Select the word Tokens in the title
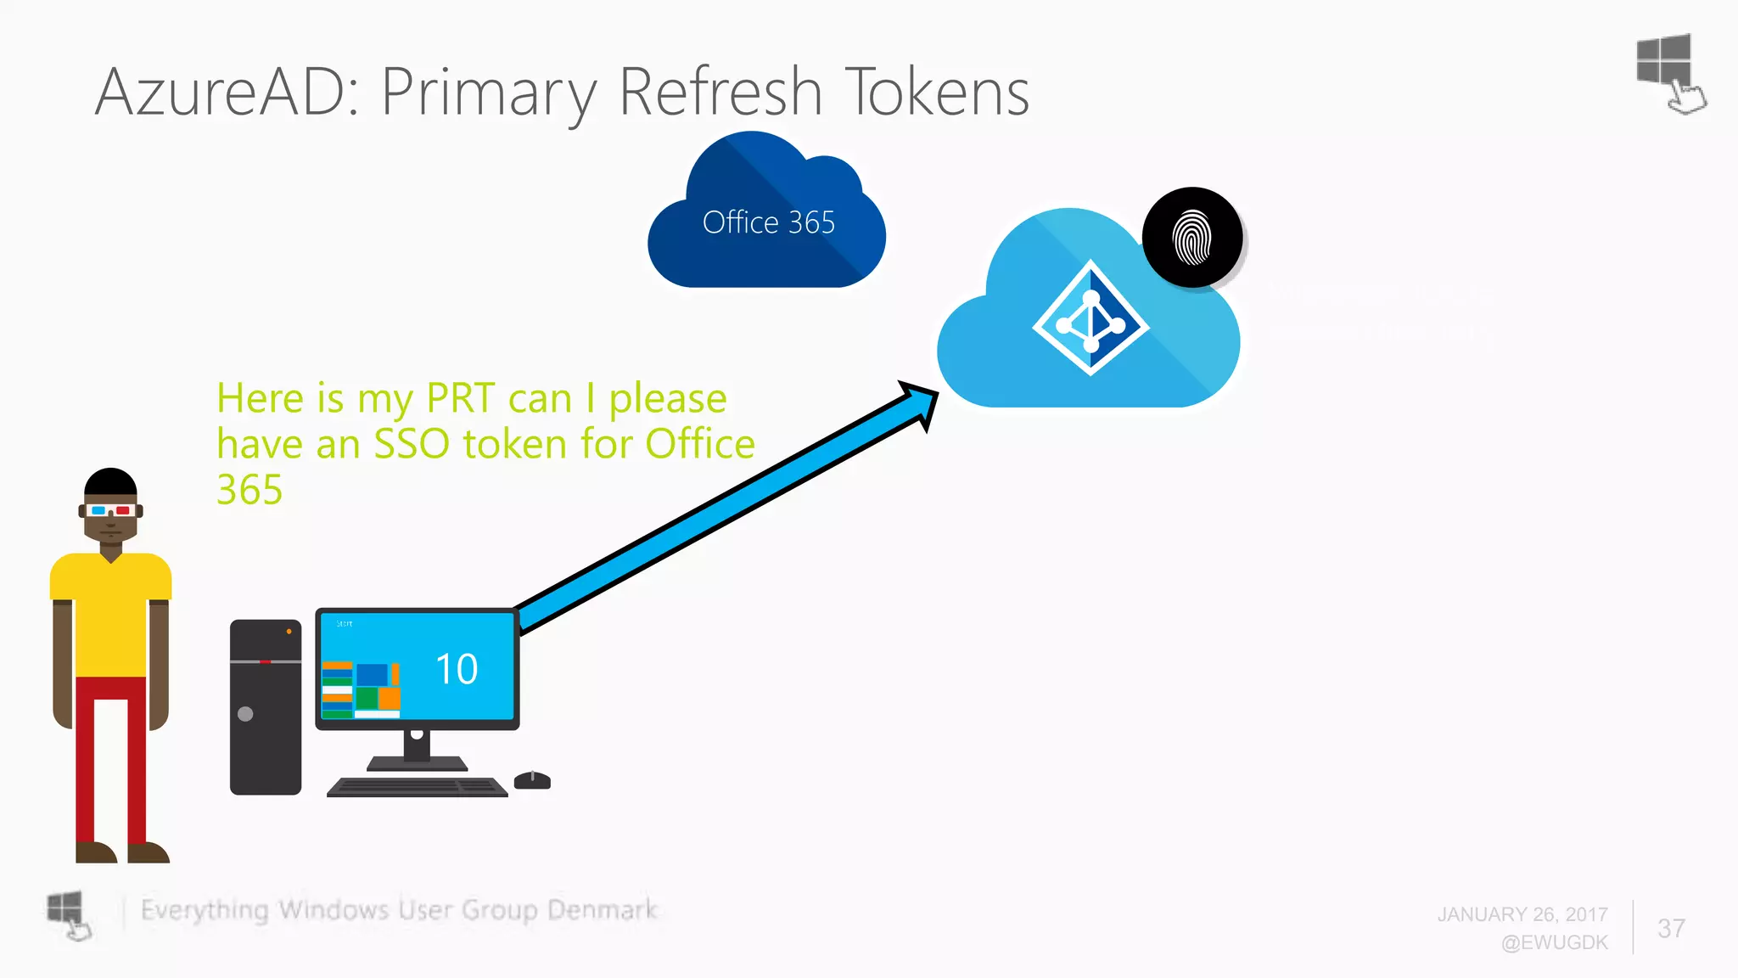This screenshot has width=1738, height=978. click(937, 92)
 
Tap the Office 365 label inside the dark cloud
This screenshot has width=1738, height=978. click(768, 222)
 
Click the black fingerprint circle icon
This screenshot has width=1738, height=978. click(1192, 238)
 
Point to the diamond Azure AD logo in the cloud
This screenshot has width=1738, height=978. click(1090, 318)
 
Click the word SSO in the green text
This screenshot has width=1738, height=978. click(411, 444)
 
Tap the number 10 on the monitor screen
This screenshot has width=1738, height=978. click(457, 669)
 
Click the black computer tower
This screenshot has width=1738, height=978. click(266, 707)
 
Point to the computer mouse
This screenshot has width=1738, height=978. click(532, 780)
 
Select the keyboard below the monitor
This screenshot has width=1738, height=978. click(418, 787)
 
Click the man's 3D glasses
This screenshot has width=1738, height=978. click(110, 510)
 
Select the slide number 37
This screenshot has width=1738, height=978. click(1671, 928)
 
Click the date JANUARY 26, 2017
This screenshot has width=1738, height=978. click(1522, 914)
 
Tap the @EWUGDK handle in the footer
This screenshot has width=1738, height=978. click(1554, 942)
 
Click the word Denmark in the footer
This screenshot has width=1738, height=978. click(602, 910)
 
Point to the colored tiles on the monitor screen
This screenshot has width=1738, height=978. click(362, 689)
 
